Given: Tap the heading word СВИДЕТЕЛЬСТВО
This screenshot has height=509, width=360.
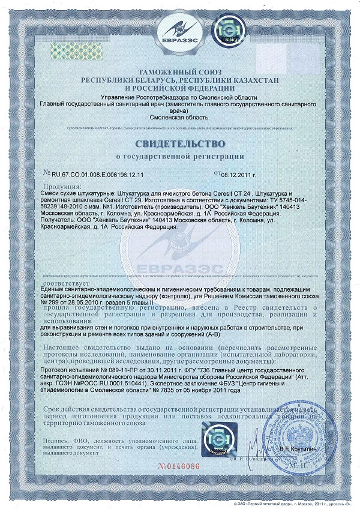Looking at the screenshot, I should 180,145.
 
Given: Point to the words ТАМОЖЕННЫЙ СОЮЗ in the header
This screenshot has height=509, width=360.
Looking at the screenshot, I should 180,72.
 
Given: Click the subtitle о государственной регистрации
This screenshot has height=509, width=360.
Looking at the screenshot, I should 180,158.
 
